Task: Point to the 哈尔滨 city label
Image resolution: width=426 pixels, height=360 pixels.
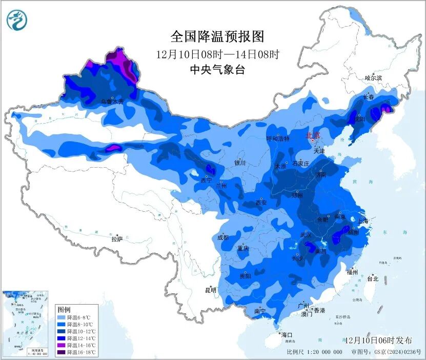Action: click(x=373, y=78)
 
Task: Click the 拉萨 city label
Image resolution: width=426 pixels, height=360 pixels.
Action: click(x=117, y=239)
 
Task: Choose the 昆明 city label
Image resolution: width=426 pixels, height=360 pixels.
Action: click(x=211, y=290)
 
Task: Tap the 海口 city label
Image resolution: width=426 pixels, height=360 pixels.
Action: click(x=287, y=335)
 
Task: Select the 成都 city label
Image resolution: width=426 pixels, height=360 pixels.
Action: click(x=222, y=237)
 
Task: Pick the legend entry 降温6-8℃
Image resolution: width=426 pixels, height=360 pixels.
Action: click(x=75, y=317)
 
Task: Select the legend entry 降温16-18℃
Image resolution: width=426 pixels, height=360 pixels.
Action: click(x=76, y=352)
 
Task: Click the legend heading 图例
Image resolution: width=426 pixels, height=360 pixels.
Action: click(x=64, y=310)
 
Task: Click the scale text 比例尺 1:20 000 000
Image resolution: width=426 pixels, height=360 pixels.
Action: click(x=314, y=352)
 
